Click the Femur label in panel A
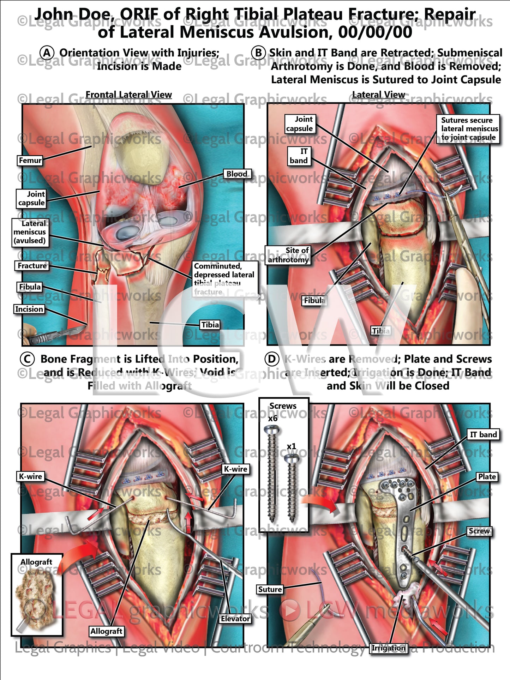pyautogui.click(x=30, y=160)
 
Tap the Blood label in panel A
pyautogui.click(x=237, y=174)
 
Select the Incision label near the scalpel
pyautogui.click(x=29, y=309)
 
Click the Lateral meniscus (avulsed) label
pyautogui.click(x=30, y=232)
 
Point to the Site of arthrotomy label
pyautogui.click(x=288, y=255)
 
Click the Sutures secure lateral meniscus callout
pyautogui.click(x=469, y=129)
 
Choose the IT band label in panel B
pyautogui.click(x=299, y=156)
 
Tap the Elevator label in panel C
pyautogui.click(x=235, y=619)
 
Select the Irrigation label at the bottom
pyautogui.click(x=389, y=648)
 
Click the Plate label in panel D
pyautogui.click(x=487, y=477)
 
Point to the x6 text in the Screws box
pyautogui.click(x=273, y=419)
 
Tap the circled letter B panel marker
pyautogui.click(x=258, y=53)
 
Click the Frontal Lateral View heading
pyautogui.click(x=128, y=95)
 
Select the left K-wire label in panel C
pyautogui.click(x=30, y=476)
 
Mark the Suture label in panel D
pyautogui.click(x=270, y=589)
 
